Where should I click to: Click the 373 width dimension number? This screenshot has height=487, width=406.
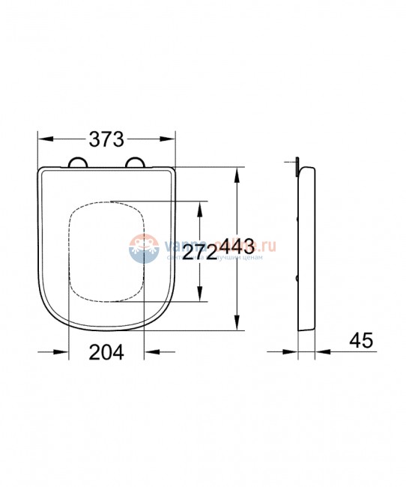pyautogui.click(x=106, y=139)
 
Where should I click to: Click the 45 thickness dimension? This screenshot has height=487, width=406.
pyautogui.click(x=360, y=340)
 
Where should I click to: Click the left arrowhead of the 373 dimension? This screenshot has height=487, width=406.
pyautogui.click(x=43, y=139)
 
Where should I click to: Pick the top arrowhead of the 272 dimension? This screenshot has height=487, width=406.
pyautogui.click(x=199, y=208)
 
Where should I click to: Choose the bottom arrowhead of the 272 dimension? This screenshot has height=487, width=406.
pyautogui.click(x=199, y=297)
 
